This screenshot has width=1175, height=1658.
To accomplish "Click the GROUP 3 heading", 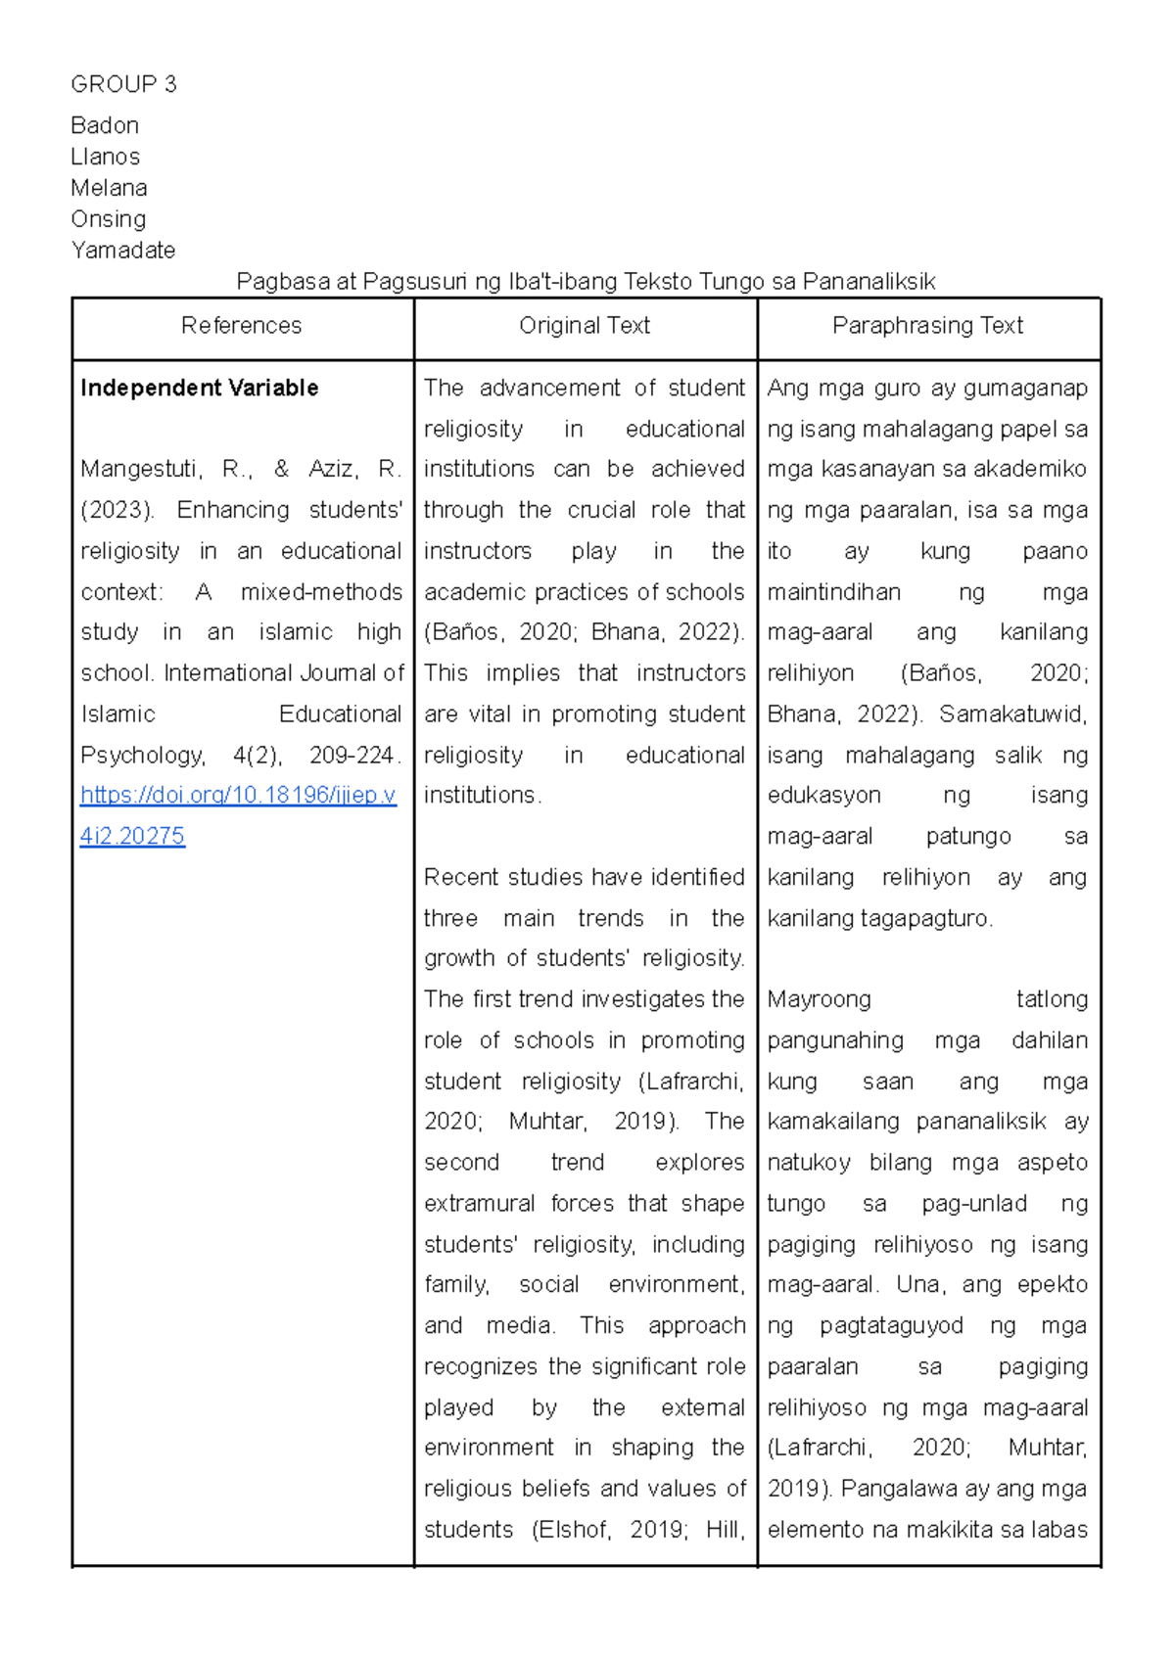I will (123, 84).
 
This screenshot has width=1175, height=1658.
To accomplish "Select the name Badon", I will (105, 125).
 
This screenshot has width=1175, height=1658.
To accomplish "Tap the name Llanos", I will (105, 157).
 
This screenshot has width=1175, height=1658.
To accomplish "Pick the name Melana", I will (109, 188).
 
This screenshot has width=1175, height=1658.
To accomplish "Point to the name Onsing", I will (108, 219).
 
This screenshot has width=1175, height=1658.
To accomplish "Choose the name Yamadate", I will (122, 251).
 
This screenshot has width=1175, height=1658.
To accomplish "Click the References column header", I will (242, 326).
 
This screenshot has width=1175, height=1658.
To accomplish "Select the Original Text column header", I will (585, 326).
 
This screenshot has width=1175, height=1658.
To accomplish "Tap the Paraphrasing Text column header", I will (927, 326).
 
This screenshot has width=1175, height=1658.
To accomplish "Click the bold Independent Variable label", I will (199, 389).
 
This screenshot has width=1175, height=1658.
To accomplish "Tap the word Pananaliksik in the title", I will (869, 283).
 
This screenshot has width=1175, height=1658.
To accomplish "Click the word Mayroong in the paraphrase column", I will (819, 1000).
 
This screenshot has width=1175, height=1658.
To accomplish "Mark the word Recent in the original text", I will (462, 878).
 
